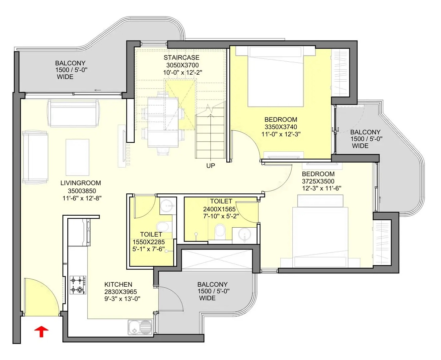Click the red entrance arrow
click(41, 331)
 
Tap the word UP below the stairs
click(210, 166)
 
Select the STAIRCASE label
click(181, 57)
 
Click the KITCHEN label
click(118, 284)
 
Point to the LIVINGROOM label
click(81, 183)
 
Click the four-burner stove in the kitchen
click(78, 285)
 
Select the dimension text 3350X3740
click(281, 127)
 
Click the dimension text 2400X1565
click(219, 209)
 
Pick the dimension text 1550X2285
click(149, 242)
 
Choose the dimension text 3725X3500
click(318, 181)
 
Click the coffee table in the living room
click(77, 157)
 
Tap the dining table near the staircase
click(163, 122)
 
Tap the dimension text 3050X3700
click(182, 65)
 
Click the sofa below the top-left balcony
click(73, 113)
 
